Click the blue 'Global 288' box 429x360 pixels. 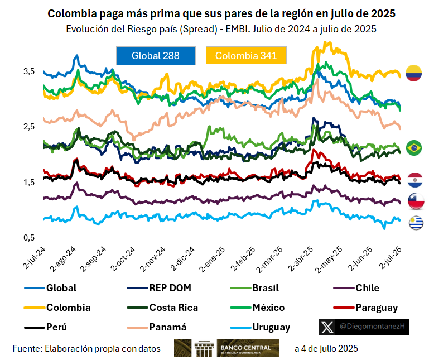[x=156, y=55]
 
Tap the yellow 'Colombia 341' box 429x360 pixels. [x=246, y=55]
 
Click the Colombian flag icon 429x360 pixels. [x=414, y=73]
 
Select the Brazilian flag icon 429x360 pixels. [x=414, y=148]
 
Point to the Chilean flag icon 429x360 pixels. [x=414, y=200]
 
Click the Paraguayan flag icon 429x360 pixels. [x=414, y=180]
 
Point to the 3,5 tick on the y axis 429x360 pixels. [x=29, y=71]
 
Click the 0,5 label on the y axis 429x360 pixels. [x=29, y=238]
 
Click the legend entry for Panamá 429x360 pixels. [x=167, y=327]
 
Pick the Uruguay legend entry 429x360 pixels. [x=271, y=327]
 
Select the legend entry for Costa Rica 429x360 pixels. [x=173, y=308]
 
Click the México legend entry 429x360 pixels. [x=268, y=308]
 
